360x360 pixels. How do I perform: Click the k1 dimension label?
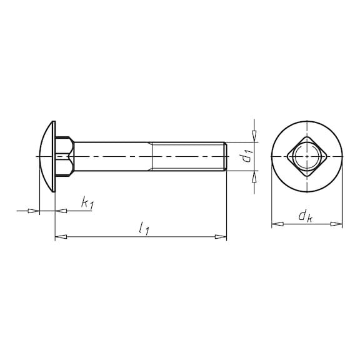(87, 203)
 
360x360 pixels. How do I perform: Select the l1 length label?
(144, 228)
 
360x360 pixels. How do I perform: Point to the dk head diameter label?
(306, 216)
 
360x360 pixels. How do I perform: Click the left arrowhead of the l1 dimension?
(61, 236)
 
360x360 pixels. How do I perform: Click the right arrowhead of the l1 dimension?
(221, 236)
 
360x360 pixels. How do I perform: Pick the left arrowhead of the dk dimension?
(277, 224)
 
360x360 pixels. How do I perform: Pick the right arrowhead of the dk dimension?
(336, 224)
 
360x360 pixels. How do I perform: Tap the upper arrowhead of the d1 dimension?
(254, 136)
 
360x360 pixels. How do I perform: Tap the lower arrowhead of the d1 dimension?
(254, 177)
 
